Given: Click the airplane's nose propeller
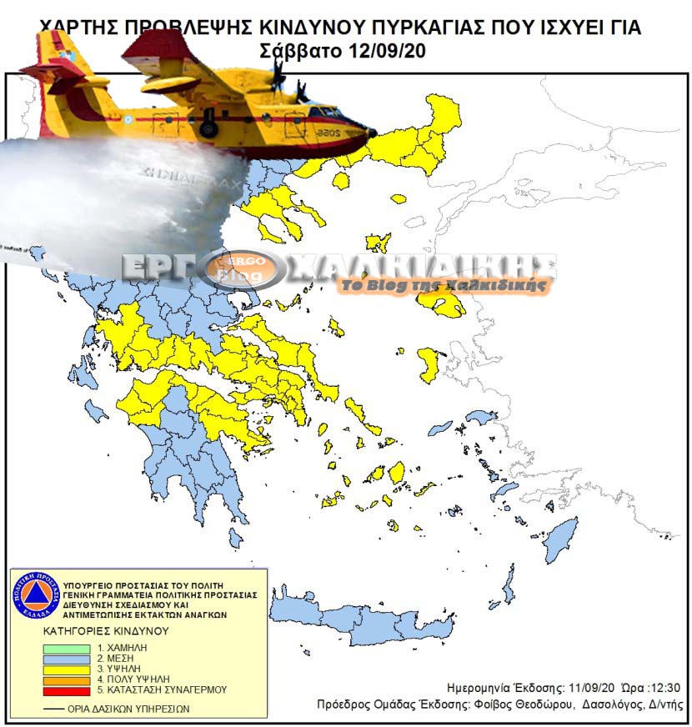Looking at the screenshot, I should click(x=280, y=77).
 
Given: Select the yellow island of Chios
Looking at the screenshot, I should click(x=429, y=364).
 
